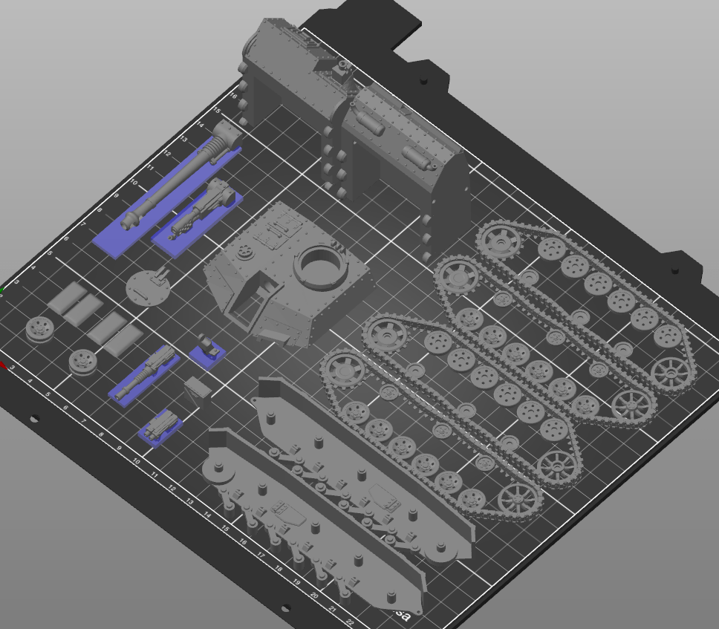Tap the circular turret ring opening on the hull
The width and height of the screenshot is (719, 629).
coord(321,264)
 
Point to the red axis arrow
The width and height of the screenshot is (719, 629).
coord(3,365)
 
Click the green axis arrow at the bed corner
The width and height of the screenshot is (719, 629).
coord(2,290)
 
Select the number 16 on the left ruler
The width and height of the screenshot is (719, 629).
coord(232,96)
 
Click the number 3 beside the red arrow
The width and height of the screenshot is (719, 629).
coord(13,368)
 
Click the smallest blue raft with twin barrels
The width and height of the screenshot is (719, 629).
coord(159,428)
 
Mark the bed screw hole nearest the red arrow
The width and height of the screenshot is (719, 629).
coord(34,420)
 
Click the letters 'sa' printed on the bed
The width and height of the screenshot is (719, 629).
coord(402,615)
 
